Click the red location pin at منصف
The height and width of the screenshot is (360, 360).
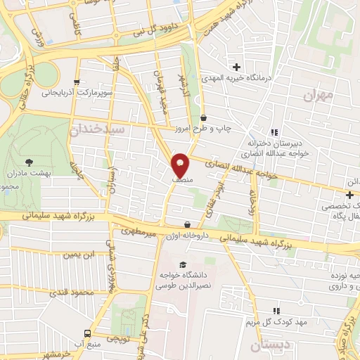(x=180, y=165)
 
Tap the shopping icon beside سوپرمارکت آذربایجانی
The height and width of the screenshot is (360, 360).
(x=76, y=82)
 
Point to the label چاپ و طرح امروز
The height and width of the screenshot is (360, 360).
(x=204, y=129)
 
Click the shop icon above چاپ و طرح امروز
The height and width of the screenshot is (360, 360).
(x=204, y=117)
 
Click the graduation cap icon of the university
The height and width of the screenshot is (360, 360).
(x=183, y=264)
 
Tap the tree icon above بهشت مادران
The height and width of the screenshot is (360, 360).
(x=28, y=162)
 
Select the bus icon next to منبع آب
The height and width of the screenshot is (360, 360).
(x=87, y=333)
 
